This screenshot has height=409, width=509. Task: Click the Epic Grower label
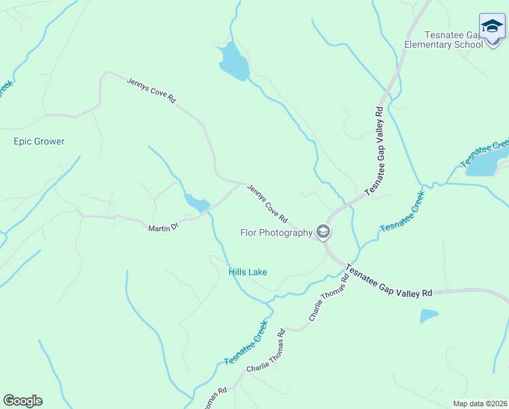pos(39,141)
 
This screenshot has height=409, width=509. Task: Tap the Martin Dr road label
pos(163,228)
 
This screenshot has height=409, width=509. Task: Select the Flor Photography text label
pos(276,232)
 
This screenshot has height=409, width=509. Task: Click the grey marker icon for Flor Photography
pos(323,232)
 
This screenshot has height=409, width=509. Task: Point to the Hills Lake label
pos(248,272)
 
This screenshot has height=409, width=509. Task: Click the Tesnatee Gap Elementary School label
pos(453,40)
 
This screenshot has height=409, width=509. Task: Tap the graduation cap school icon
pos(492,27)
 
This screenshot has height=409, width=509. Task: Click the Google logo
pos(22,401)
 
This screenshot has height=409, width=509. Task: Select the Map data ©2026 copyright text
pos(479,403)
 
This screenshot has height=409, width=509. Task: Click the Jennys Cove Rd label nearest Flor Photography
pos(267,203)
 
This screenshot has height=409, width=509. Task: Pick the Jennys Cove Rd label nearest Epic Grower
pos(151,90)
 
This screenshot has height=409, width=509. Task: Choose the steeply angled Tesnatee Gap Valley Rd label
pos(375,151)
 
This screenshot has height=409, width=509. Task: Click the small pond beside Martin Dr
pos(197,202)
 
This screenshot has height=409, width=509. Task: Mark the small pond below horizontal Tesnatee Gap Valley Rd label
pos(429,316)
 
